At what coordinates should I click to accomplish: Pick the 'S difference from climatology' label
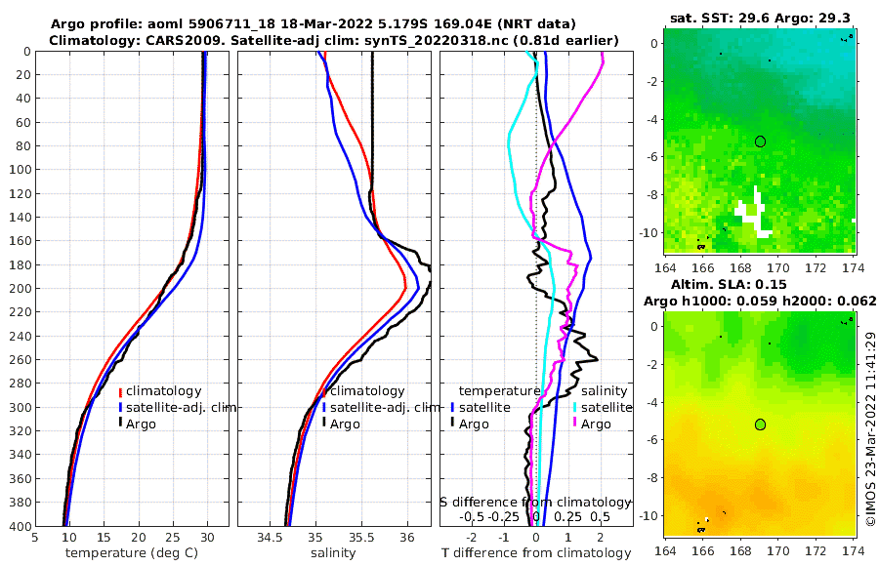tap(536, 501)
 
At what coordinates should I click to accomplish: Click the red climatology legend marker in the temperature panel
tap(120, 391)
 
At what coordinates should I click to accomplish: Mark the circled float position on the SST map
tap(760, 141)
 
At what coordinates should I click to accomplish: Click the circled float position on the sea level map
tap(760, 424)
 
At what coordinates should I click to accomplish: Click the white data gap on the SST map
tap(750, 215)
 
